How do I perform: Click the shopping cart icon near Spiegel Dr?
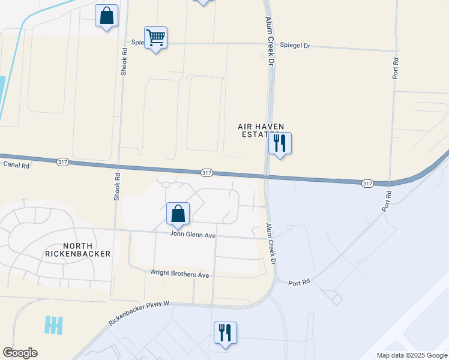pos(155,38)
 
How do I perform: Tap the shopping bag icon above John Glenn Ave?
pos(178,214)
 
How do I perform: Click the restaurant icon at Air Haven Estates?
pos(280,143)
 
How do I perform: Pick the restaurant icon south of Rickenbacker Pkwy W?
pos(225,333)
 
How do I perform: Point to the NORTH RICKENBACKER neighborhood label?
pos(78,250)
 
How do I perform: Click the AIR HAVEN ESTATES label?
pos(258,130)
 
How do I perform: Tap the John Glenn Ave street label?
pos(192,235)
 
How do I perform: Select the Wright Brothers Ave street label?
pos(180,274)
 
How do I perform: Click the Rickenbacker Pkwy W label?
pos(139,313)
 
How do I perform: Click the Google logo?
pos(20,353)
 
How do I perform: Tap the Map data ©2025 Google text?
pos(412,355)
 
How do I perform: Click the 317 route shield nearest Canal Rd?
pos(62,161)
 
